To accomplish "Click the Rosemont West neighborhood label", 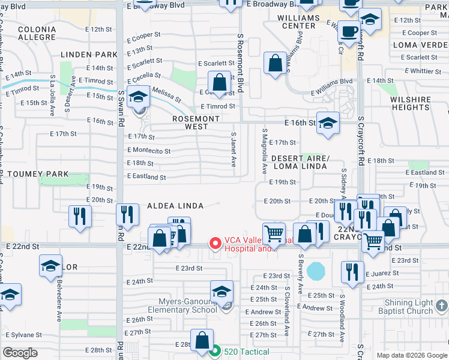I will click(196, 122).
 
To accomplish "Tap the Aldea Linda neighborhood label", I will click(175, 206).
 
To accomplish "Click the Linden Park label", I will click(89, 55).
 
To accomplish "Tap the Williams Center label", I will click(299, 22).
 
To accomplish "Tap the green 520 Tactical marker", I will click(215, 352).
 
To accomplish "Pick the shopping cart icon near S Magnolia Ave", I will click(274, 233).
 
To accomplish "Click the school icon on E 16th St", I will click(328, 123).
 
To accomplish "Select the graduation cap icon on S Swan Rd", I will click(139, 98).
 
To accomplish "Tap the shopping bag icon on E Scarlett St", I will click(220, 82).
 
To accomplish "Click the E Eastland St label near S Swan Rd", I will click(146, 177).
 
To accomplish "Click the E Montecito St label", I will click(149, 151).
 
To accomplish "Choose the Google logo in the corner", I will click(20, 353).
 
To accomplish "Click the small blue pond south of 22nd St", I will click(315, 271).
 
